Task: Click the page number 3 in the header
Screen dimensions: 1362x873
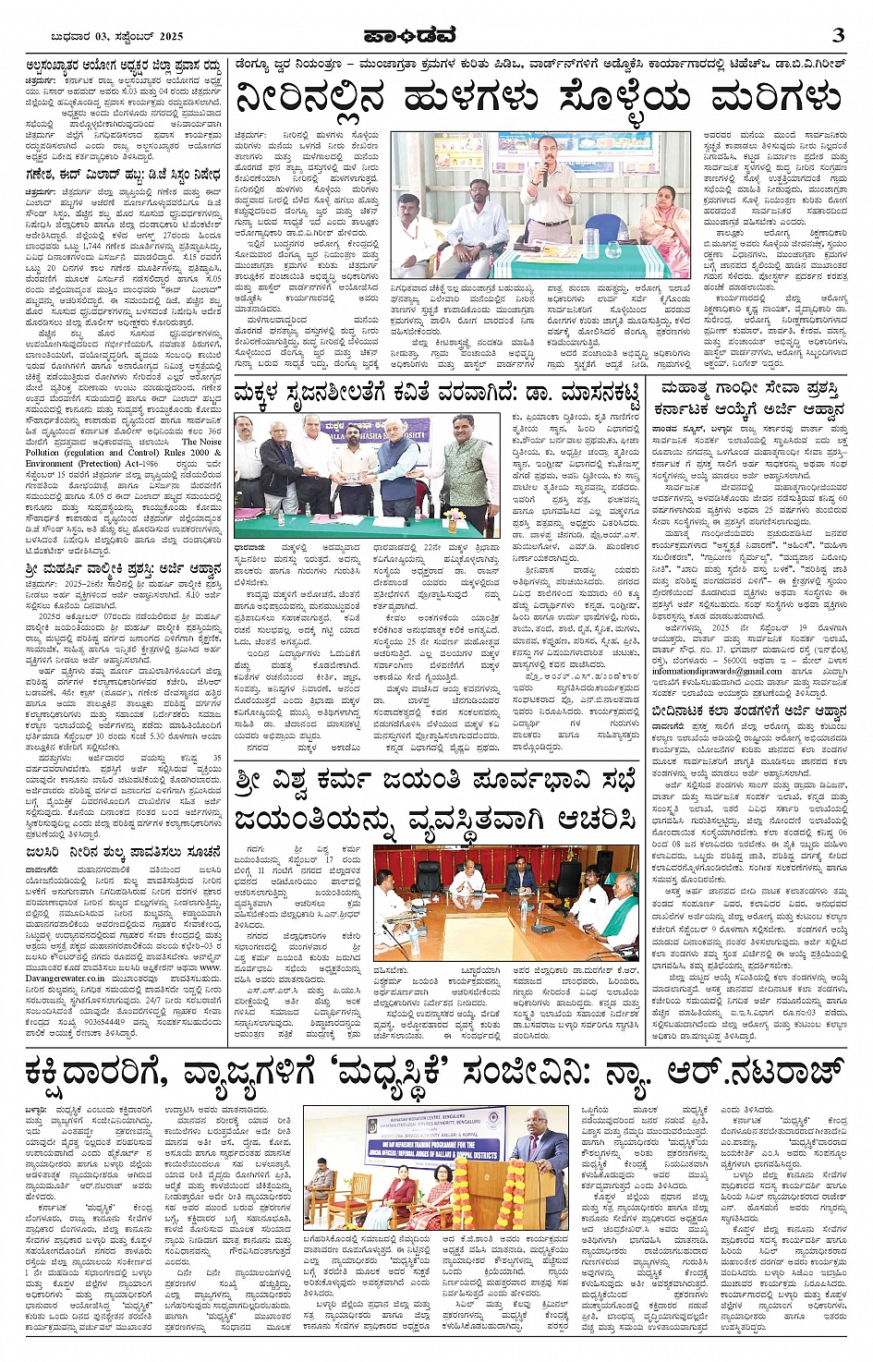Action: pyautogui.click(x=838, y=35)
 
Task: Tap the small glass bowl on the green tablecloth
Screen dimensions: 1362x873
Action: pyautogui.click(x=613, y=249)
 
